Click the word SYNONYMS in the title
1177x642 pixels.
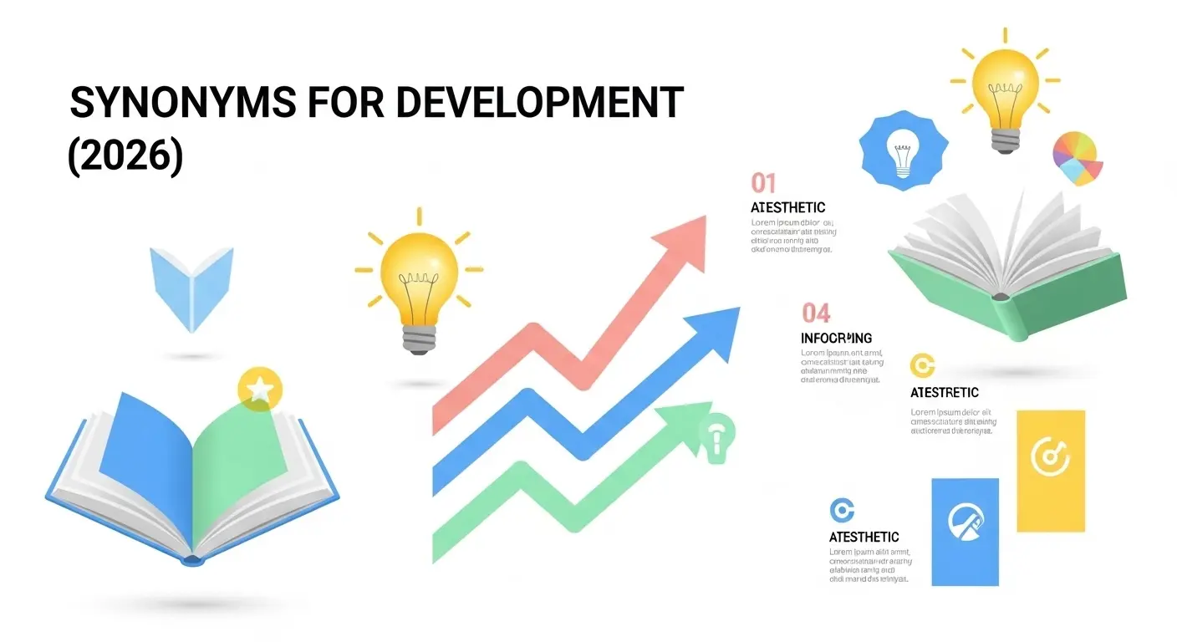[x=182, y=104]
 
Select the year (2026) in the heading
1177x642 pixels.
[x=125, y=155]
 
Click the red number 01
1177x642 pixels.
[x=763, y=182]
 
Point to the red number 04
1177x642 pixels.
[x=816, y=313]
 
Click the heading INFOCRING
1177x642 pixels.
[x=836, y=339]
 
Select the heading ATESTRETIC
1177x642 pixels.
[x=944, y=392]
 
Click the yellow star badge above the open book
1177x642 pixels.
[x=260, y=389]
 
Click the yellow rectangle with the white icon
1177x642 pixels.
[x=1050, y=470]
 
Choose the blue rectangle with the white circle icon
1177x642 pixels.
[x=965, y=531]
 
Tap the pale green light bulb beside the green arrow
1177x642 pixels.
[x=716, y=436]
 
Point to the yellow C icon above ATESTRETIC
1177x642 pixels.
[x=921, y=365]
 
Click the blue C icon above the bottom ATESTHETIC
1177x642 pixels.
[x=841, y=509]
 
